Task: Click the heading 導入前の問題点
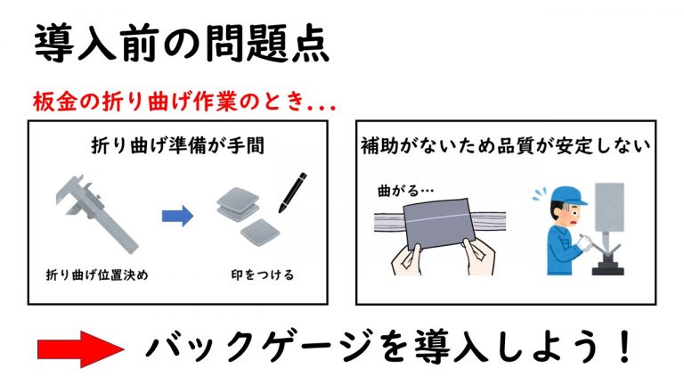coord(182,44)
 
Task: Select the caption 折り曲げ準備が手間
coord(177,145)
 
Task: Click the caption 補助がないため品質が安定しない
coord(506,146)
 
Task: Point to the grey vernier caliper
coord(97,214)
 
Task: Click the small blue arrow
coord(177,216)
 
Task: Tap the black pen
coord(292,192)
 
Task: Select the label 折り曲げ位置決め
coord(97,275)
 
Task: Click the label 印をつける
coord(263,275)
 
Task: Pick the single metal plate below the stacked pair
coord(260,232)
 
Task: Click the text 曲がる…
coord(406,191)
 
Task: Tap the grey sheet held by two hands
coord(438,224)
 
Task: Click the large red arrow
coord(81,348)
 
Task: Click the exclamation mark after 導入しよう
coord(625,347)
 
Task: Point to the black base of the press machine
coord(607,267)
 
